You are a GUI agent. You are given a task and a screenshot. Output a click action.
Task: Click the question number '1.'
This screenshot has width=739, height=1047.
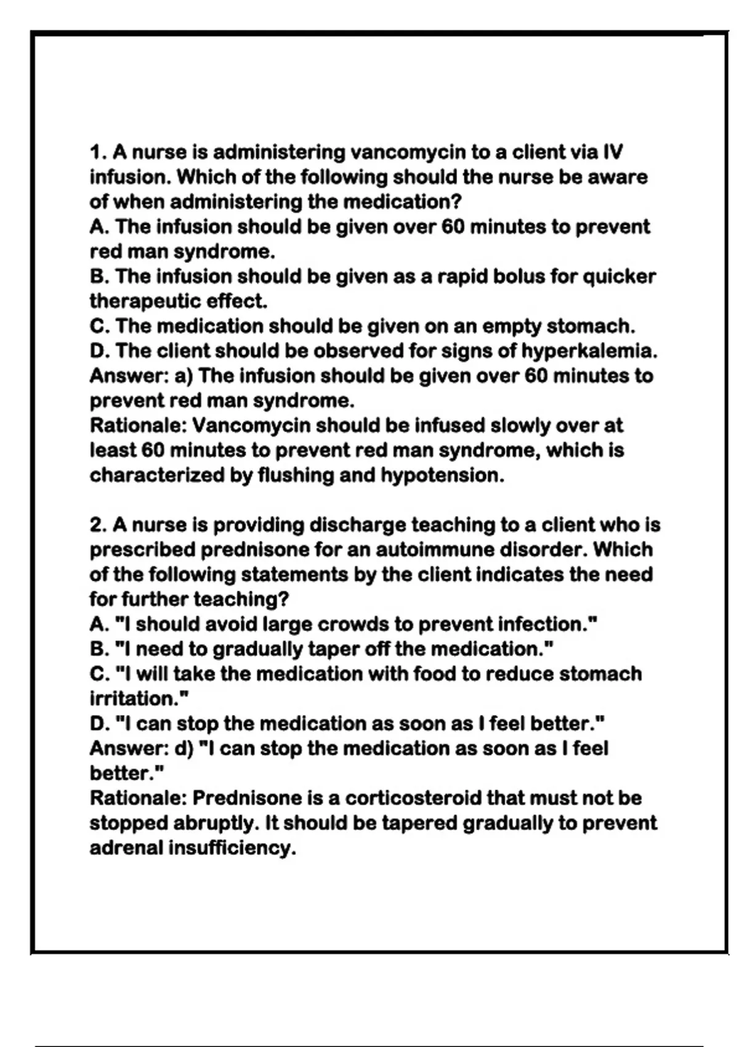[99, 152]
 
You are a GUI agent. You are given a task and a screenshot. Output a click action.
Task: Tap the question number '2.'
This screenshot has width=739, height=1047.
[99, 525]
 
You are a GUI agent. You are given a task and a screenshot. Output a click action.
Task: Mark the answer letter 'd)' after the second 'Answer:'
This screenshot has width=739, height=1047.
[184, 749]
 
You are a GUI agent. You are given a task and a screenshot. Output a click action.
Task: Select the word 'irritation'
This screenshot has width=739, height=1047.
[136, 699]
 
